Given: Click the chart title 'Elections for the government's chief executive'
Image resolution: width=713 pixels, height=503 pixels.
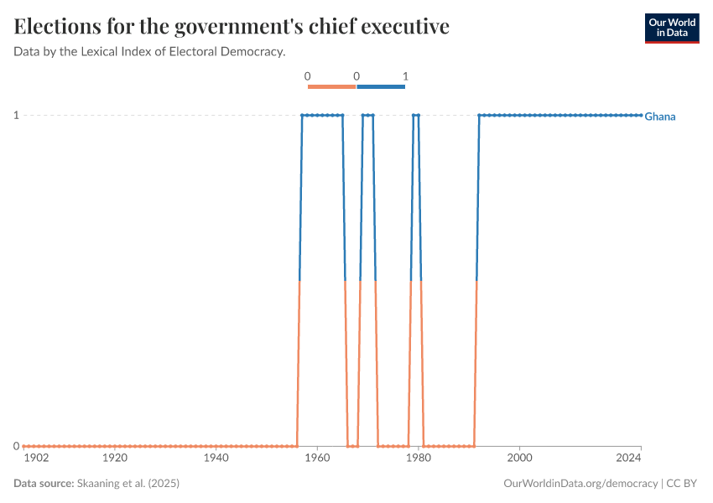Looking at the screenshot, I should [232, 27].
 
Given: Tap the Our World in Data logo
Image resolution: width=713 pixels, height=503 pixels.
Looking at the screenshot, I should [671, 28].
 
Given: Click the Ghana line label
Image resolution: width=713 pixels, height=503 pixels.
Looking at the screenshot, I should [660, 117].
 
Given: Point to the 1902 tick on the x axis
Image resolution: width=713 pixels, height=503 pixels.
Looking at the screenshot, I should [36, 459].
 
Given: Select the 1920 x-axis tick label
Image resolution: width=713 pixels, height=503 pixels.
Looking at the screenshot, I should [114, 459].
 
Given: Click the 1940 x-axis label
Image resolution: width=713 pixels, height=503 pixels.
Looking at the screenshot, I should [216, 459].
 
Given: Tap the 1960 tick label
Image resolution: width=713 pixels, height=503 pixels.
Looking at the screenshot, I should [317, 459].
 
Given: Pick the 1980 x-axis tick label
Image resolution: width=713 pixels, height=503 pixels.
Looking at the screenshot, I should [419, 459].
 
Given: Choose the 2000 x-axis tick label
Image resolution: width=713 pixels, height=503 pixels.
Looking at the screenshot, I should [520, 459].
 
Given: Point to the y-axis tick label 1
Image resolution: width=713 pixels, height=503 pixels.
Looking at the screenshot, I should [16, 115].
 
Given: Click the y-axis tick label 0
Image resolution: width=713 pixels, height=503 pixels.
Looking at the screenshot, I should [16, 446].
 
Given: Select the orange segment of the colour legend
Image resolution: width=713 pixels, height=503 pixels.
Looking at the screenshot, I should [332, 86].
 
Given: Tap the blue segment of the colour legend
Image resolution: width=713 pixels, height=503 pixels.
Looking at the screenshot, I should [381, 86].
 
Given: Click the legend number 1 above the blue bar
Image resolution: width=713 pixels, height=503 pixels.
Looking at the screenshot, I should [405, 76].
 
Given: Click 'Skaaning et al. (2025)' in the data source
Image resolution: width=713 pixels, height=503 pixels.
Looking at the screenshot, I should [128, 484].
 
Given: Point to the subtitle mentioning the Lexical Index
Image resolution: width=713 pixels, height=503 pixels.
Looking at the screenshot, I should [150, 52].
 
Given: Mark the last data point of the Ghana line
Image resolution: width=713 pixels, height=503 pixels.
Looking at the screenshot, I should [641, 115].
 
